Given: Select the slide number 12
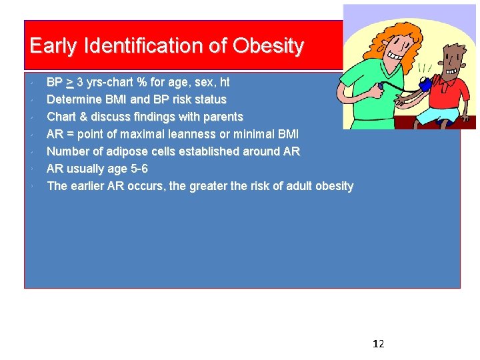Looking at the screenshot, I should (x=378, y=344).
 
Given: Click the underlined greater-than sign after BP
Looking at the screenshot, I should (x=70, y=83).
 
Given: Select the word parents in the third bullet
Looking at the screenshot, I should (x=223, y=117).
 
